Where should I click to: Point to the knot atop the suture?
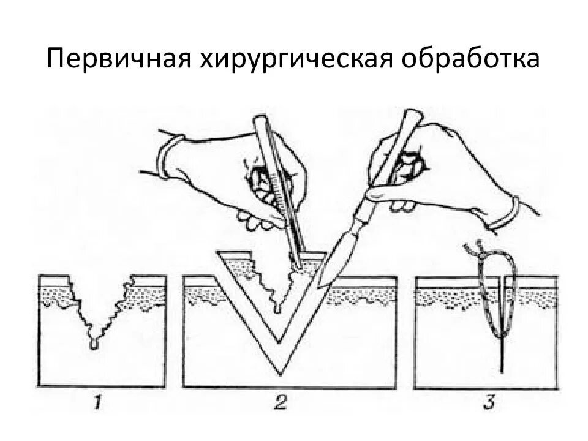click(x=472, y=250)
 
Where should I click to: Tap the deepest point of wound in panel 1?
click(x=93, y=347)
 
